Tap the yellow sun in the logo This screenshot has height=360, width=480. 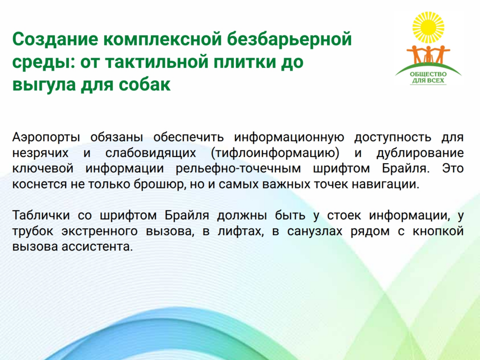click(428, 28)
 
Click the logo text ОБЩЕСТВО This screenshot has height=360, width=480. click(428, 74)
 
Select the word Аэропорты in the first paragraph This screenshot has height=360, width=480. click(46, 137)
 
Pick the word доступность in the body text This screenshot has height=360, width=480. click(393, 138)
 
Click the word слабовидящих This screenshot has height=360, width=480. click(150, 153)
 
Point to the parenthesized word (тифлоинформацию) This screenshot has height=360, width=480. click(275, 153)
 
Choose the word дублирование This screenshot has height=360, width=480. click(420, 153)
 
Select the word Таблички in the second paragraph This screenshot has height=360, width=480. click(41, 216)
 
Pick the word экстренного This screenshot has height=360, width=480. click(99, 232)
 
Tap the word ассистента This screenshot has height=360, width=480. click(97, 247)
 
